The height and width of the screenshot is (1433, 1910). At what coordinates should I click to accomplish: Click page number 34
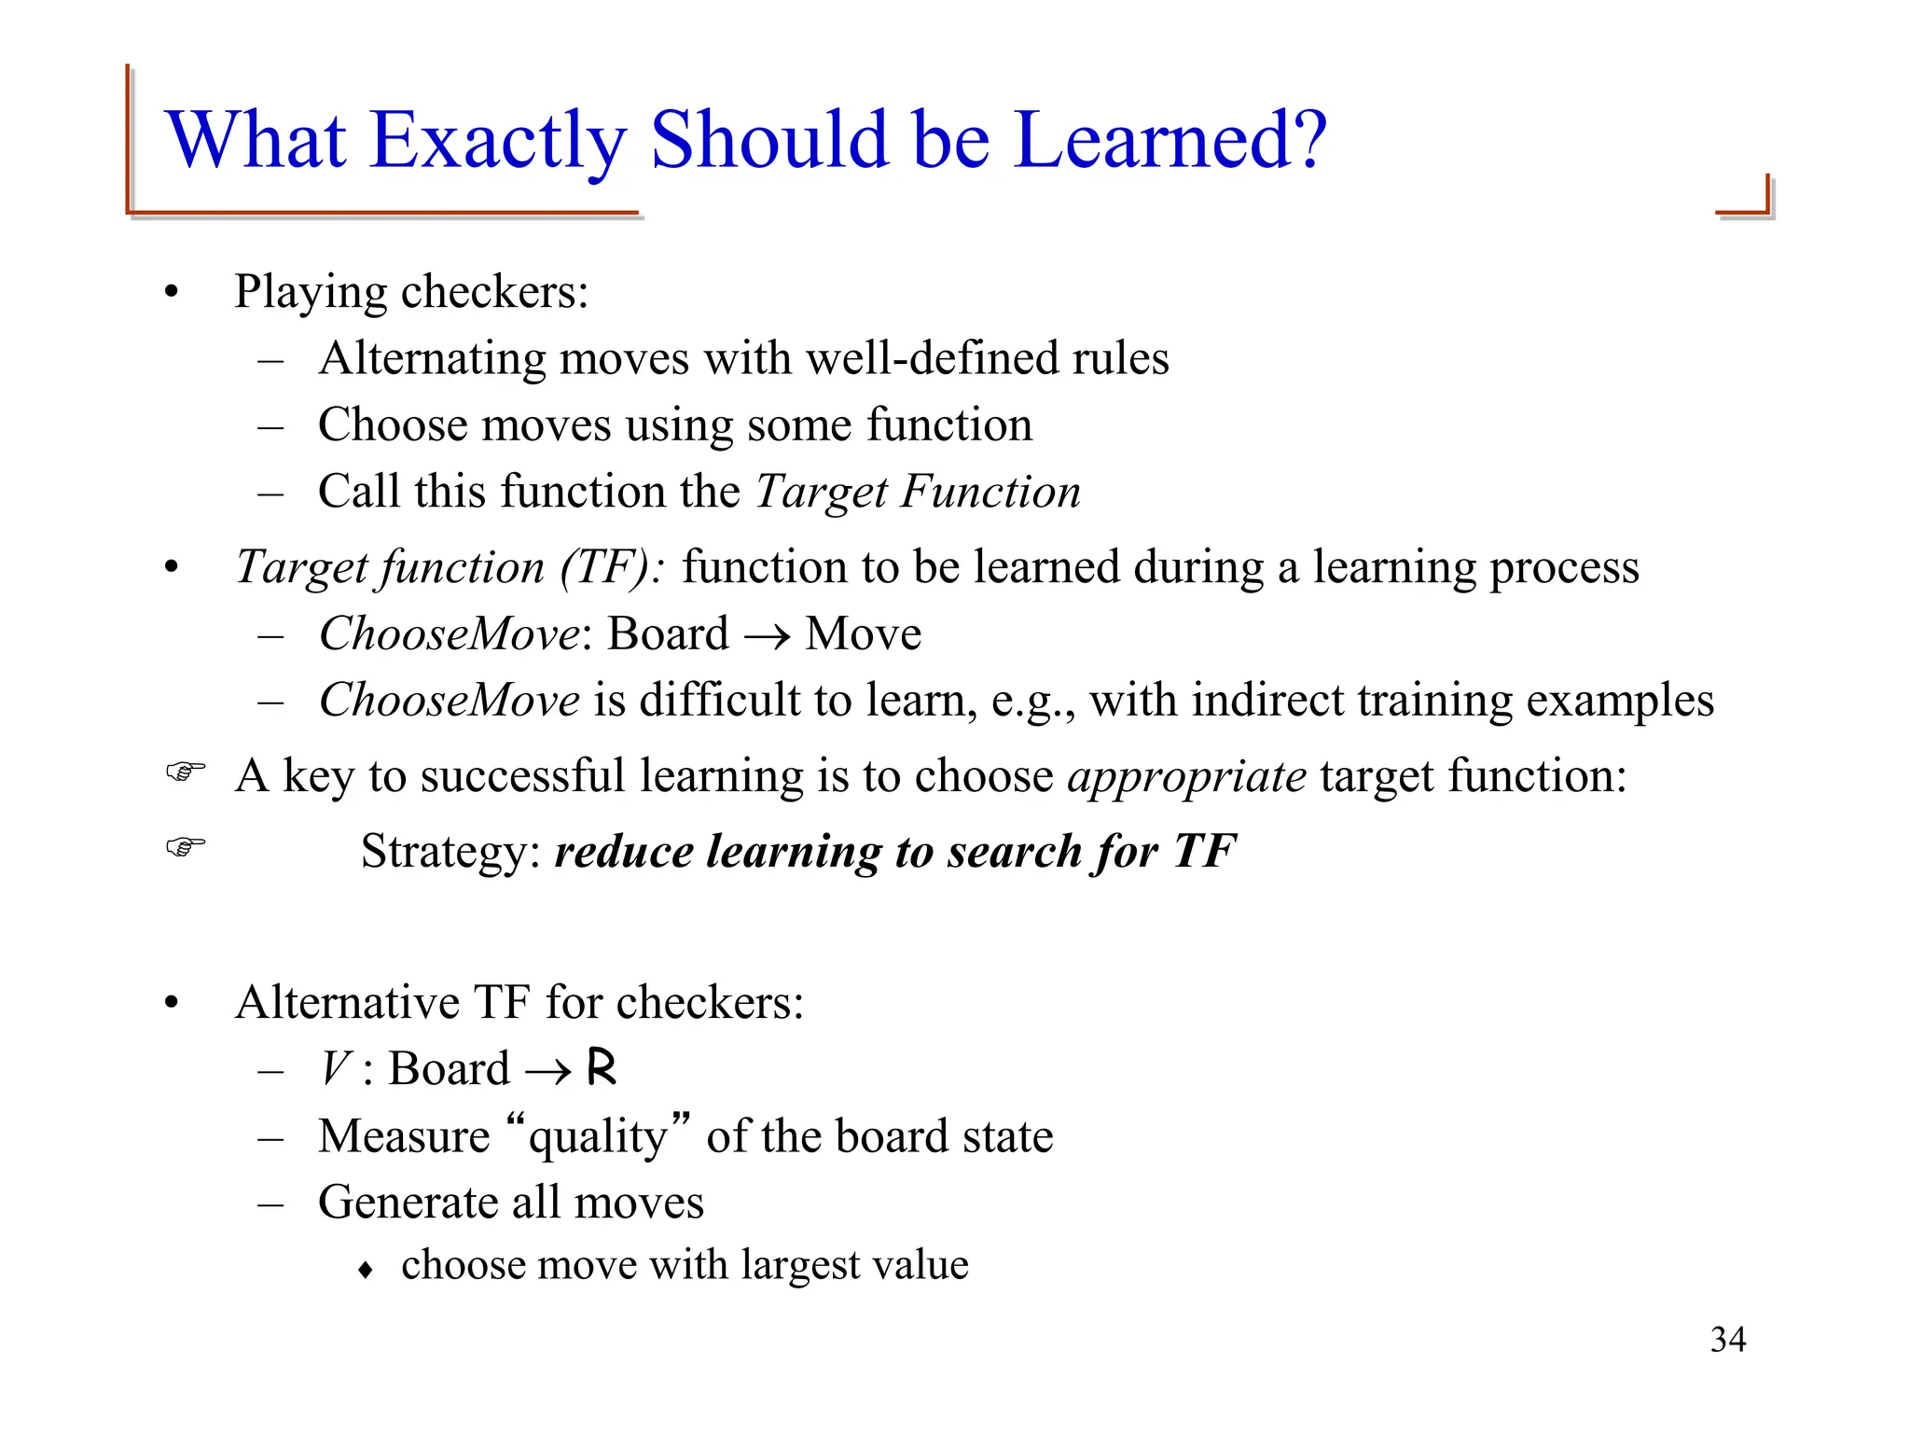[1728, 1340]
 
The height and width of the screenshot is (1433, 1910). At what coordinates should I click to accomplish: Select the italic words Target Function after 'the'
[918, 492]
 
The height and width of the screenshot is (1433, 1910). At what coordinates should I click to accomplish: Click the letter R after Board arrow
[602, 1067]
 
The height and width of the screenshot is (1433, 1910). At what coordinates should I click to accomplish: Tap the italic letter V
[335, 1068]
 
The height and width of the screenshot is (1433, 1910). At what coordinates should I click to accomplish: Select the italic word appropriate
[1186, 776]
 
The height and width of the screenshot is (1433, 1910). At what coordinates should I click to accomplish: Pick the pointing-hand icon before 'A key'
[185, 772]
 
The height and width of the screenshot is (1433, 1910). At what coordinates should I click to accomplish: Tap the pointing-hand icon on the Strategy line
[185, 847]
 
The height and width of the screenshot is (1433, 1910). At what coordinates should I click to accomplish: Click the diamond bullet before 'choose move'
[366, 1270]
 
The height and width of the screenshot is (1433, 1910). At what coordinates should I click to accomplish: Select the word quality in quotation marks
[598, 1136]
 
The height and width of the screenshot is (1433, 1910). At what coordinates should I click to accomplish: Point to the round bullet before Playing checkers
[171, 293]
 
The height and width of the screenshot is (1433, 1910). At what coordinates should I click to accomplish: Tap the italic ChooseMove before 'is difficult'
[450, 701]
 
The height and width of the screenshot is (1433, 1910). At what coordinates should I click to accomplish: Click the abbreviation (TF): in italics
[612, 567]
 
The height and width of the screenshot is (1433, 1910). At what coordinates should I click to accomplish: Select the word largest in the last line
[801, 1266]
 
